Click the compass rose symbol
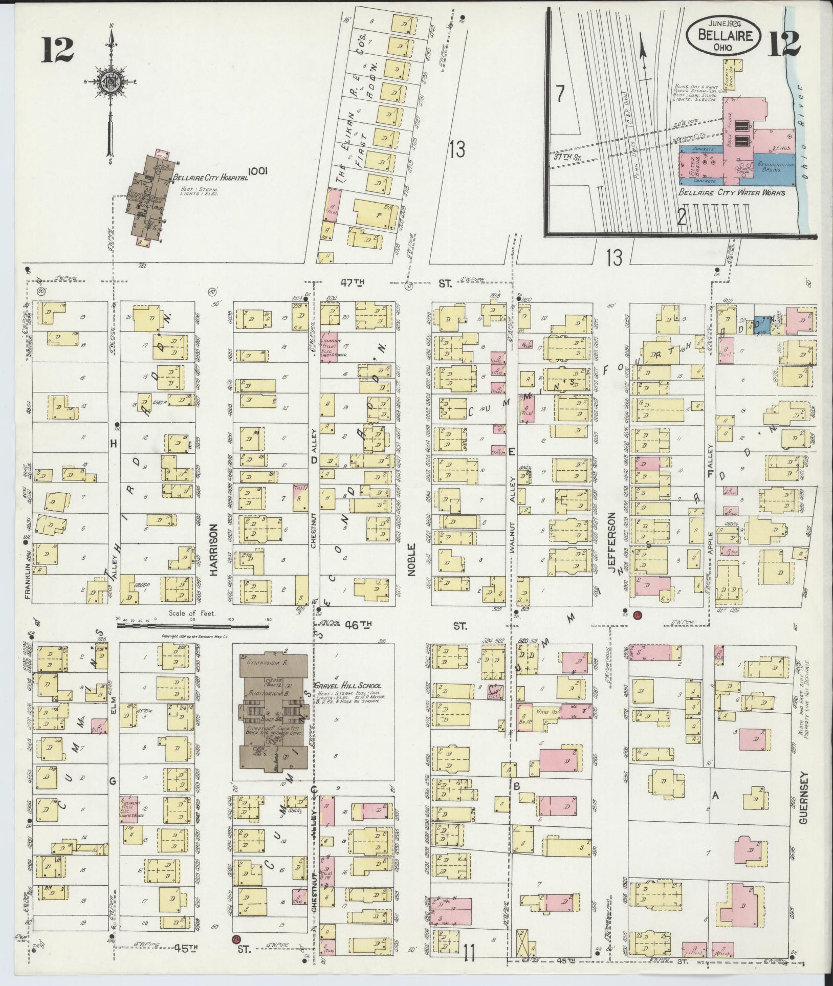[109, 82]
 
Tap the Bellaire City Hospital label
[210, 178]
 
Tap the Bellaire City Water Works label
[732, 192]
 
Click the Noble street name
[411, 560]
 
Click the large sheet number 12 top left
[58, 50]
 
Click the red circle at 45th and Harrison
[236, 939]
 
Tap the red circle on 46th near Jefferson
[637, 616]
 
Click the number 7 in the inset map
[560, 94]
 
